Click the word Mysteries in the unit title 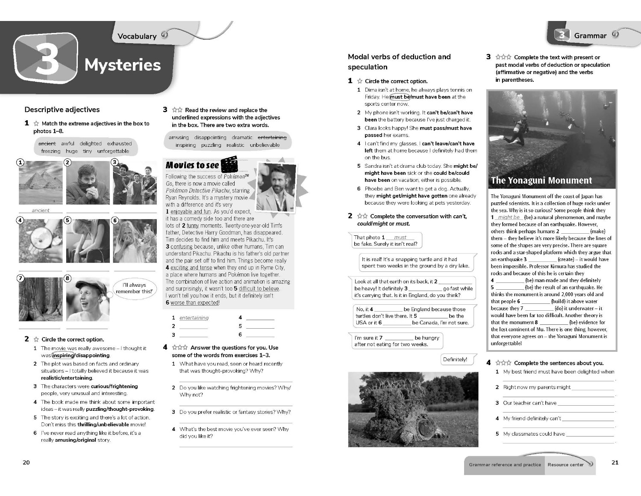(x=123, y=65)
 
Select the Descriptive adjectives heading (x=62, y=110)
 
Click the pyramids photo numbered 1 (x=41, y=183)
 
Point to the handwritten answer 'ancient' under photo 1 (x=41, y=210)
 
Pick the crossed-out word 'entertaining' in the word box (x=272, y=137)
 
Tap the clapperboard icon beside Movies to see (x=229, y=164)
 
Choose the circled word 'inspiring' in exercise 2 (x=63, y=355)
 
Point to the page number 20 (x=26, y=462)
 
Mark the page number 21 (x=615, y=462)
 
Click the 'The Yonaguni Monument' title (x=541, y=180)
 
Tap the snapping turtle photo (x=406, y=410)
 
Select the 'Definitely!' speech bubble (x=455, y=359)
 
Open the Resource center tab (x=565, y=464)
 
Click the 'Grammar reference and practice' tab (x=505, y=464)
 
